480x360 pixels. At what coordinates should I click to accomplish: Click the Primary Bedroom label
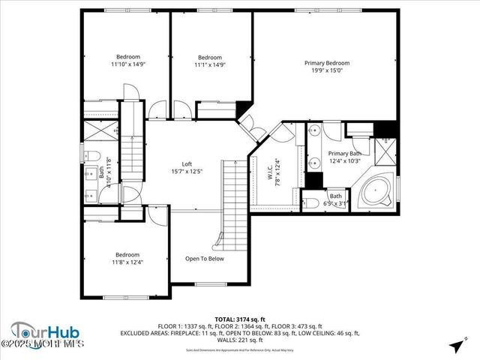pyautogui.click(x=326, y=63)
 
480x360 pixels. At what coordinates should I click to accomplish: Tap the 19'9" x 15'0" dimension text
pyautogui.click(x=326, y=71)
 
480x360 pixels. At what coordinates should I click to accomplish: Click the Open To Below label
pyautogui.click(x=204, y=259)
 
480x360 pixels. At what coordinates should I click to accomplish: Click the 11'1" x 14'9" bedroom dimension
pyautogui.click(x=209, y=64)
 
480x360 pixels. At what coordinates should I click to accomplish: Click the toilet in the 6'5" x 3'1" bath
pyautogui.click(x=309, y=200)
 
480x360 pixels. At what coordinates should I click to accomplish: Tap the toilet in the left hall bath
pyautogui.click(x=89, y=156)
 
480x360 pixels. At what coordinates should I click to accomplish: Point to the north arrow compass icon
pyautogui.click(x=455, y=346)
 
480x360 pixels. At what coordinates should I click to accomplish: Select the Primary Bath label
pyautogui.click(x=344, y=153)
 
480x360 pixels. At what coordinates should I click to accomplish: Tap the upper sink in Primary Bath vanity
pyautogui.click(x=314, y=132)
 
